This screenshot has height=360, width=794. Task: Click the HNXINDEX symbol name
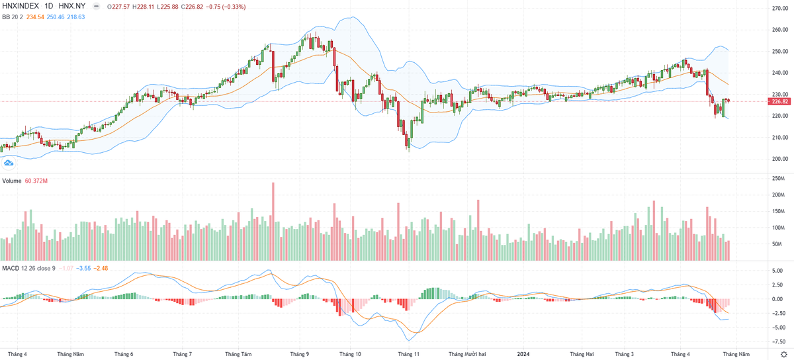click(20, 5)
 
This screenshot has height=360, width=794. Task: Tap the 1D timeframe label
click(49, 5)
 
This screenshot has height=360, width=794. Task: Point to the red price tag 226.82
click(779, 101)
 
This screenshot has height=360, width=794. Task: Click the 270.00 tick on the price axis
click(779, 8)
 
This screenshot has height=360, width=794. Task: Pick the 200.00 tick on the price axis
click(779, 159)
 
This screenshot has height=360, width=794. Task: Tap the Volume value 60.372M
click(37, 181)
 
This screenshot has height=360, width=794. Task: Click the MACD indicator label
click(11, 268)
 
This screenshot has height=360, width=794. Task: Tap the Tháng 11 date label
click(409, 354)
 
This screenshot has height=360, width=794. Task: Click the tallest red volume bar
click(273, 221)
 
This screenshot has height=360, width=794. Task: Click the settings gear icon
click(783, 354)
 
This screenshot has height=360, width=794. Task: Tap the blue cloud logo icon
click(9, 163)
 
